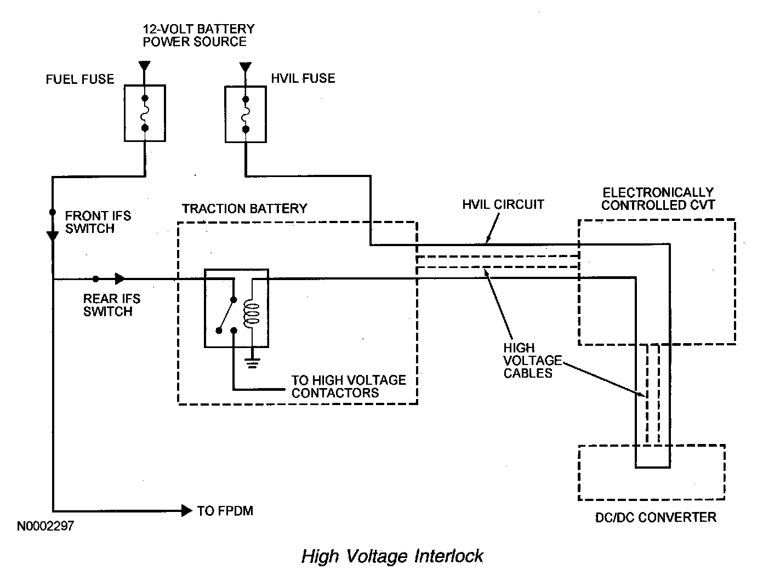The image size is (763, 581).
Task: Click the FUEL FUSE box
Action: pos(145,113)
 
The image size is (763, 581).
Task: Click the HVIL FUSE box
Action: pos(246,114)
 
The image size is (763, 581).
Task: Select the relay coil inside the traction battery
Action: pos(252,314)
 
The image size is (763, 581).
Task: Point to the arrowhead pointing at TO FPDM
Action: pos(187,510)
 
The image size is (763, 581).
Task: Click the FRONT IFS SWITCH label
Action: pos(98,222)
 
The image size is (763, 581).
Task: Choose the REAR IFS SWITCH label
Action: pos(112,305)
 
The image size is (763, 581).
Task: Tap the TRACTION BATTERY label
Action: pos(244,208)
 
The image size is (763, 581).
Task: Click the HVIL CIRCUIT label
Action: pos(503,204)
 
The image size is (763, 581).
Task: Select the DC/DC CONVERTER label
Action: pos(656,517)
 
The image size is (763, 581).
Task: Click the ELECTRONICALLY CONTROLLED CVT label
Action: pos(658,199)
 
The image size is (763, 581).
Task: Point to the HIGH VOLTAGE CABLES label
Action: pos(533,360)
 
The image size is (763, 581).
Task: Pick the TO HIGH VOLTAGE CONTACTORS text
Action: pos(349,386)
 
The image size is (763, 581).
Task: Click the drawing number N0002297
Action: pos(45,526)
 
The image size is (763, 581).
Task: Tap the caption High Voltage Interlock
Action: pos(392,556)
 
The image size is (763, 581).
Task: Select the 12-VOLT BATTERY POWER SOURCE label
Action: pos(198,35)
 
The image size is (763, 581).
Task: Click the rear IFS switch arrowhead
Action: pos(120,278)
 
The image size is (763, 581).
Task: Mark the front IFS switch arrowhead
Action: pos(53,237)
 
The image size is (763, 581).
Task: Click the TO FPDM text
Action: pos(225,511)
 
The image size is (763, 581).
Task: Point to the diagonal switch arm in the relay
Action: pos(226,315)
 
